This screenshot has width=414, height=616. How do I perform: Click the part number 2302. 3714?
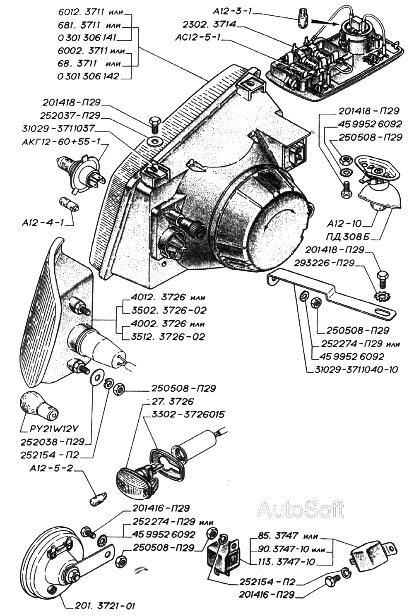tap(209, 24)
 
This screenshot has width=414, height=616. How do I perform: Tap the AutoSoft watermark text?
tap(300, 509)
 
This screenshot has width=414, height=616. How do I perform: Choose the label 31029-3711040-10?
tap(353, 369)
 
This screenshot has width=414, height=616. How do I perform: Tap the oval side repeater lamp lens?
tap(132, 480)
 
